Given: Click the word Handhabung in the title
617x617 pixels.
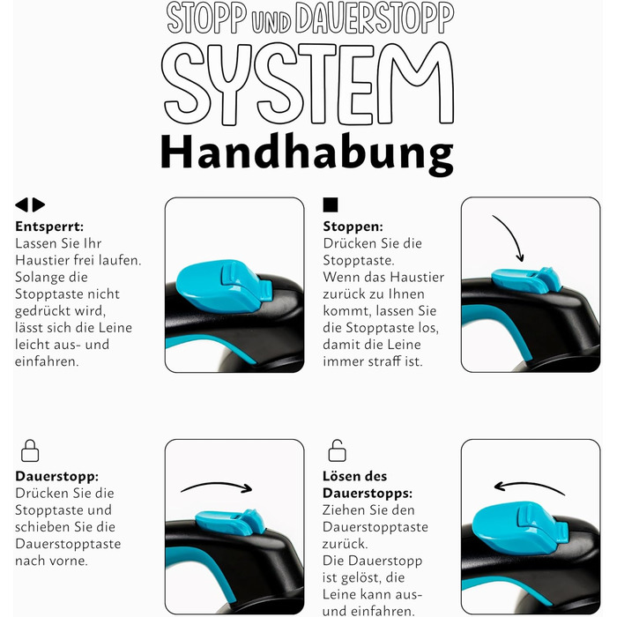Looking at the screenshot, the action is point(307,154).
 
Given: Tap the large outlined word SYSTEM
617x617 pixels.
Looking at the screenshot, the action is point(308,84).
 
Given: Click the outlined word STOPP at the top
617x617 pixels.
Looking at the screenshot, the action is point(207,19).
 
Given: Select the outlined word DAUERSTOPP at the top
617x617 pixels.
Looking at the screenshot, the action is point(375,19).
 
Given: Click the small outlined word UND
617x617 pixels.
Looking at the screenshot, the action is point(271,22).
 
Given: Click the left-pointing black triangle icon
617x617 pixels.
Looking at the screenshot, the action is point(22,204).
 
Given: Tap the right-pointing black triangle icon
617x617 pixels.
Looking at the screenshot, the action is point(39,204).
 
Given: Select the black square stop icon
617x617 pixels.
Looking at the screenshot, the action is point(331,204).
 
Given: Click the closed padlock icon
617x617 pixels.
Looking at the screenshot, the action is point(30,451).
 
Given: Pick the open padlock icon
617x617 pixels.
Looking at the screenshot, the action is point(338,451).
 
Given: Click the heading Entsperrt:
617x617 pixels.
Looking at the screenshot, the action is point(49,227).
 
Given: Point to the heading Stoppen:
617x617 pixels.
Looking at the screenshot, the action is point(353,227).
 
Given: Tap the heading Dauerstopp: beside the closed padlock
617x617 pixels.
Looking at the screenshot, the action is point(57,476).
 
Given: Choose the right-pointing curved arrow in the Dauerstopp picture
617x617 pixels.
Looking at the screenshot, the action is point(217,487).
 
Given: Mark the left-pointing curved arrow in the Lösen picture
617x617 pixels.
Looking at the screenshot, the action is point(529,487).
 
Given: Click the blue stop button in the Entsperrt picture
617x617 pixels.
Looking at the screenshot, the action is point(220,285).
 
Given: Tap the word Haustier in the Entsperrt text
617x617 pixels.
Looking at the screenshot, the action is point(41,261).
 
